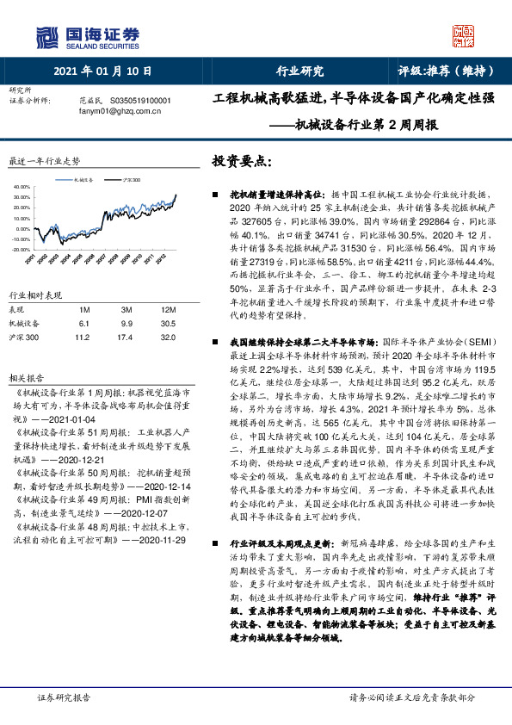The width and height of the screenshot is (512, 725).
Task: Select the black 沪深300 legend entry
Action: (x=128, y=178)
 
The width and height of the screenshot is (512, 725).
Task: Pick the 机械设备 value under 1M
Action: (x=83, y=323)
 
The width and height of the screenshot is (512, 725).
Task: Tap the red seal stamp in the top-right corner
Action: (x=464, y=35)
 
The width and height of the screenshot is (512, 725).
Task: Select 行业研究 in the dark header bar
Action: (x=299, y=71)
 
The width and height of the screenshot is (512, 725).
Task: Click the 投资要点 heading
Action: (x=244, y=160)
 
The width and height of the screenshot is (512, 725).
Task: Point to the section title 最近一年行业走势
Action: (x=44, y=160)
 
